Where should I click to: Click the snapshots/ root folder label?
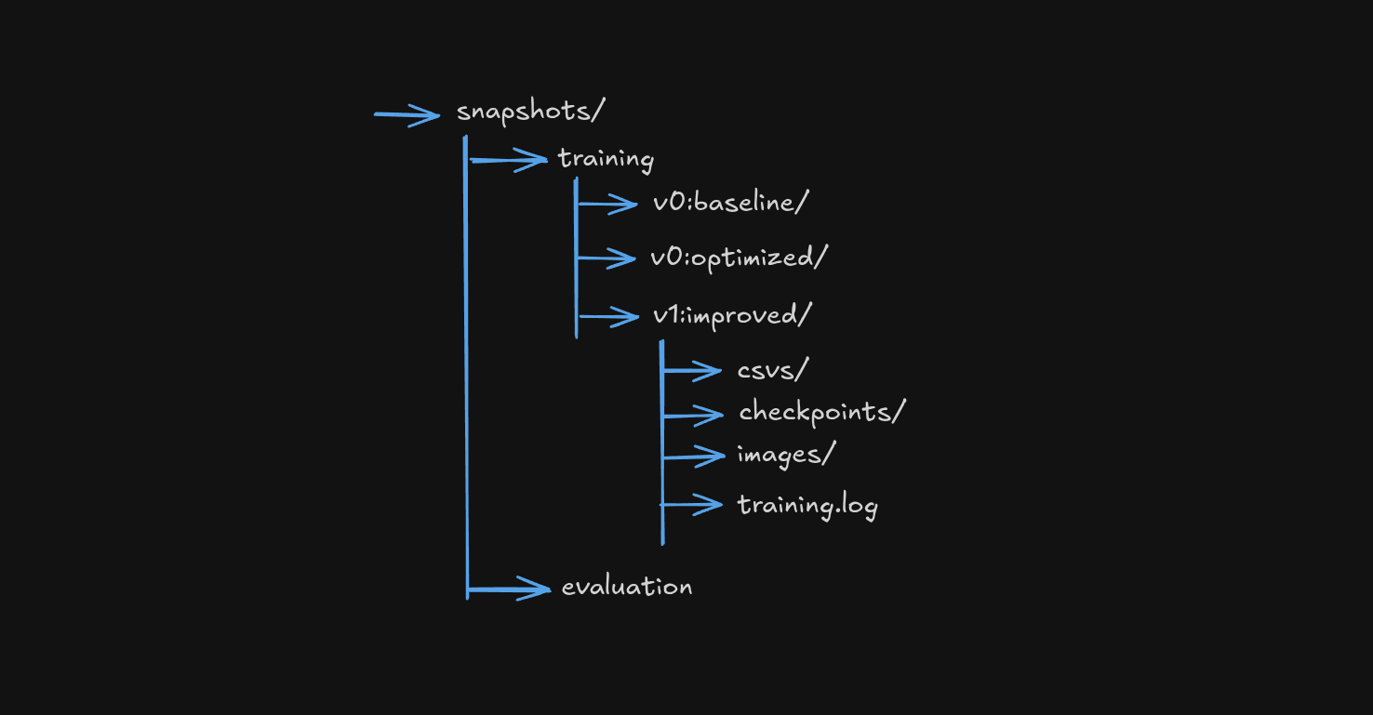click(530, 112)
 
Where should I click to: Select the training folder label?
click(606, 159)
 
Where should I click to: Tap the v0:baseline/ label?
click(726, 203)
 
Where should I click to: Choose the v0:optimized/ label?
click(739, 258)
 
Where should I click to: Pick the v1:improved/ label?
click(732, 315)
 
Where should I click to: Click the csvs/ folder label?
click(772, 370)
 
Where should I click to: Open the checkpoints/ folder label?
click(821, 412)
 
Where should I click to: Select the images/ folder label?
click(786, 456)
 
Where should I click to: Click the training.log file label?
click(807, 506)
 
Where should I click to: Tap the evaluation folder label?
click(627, 587)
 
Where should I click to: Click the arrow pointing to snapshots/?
click(407, 115)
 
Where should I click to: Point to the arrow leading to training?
click(509, 161)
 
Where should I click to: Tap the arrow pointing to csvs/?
click(692, 371)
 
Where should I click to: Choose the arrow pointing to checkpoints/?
click(693, 415)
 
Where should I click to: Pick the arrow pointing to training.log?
click(692, 505)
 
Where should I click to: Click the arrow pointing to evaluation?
click(510, 589)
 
